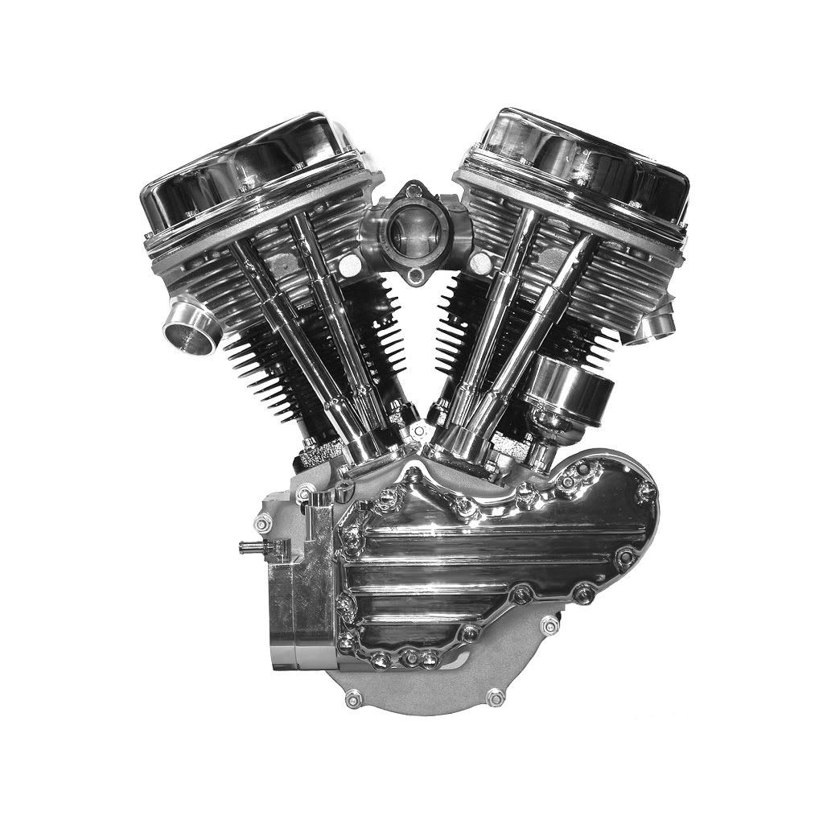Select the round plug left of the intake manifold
[350, 265]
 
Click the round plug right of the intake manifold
[480, 262]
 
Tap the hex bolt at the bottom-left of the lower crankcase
[352, 698]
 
